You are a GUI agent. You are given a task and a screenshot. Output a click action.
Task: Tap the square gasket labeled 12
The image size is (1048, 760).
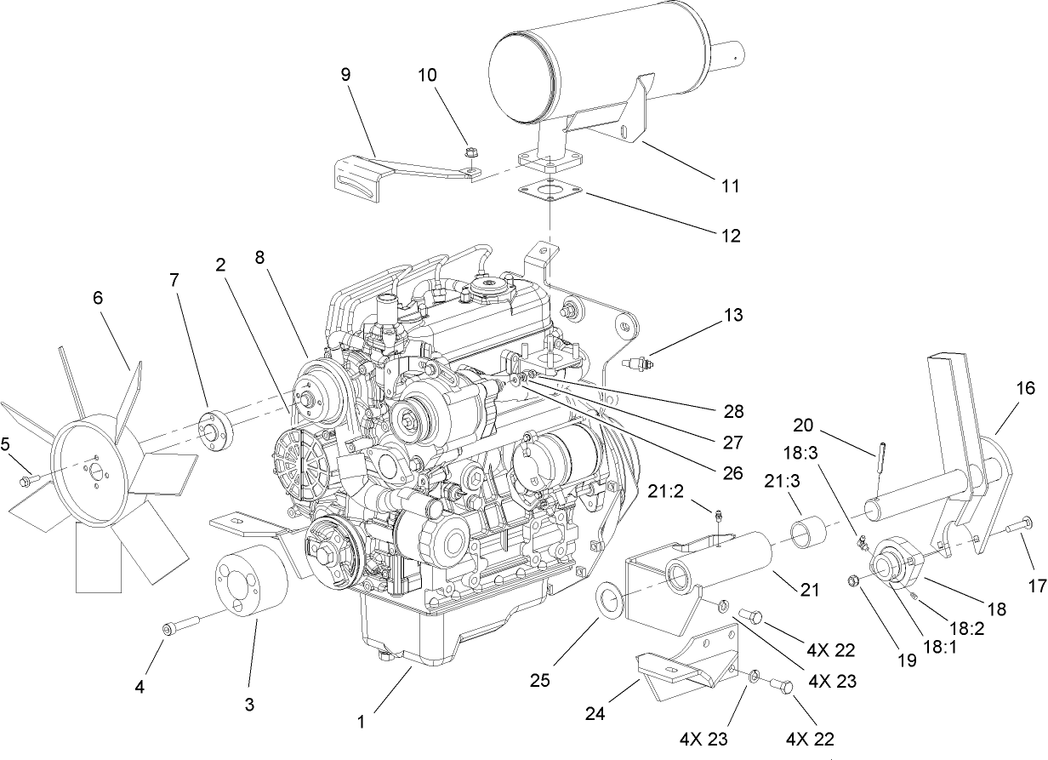tap(552, 193)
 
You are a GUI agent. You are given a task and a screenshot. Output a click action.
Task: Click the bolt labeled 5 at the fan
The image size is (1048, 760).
tap(25, 482)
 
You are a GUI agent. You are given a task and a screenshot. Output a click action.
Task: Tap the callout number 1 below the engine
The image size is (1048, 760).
tap(361, 722)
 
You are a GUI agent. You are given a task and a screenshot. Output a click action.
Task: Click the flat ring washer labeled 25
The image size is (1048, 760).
tap(609, 599)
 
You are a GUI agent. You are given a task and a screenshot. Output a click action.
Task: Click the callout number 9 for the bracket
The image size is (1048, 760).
tap(345, 75)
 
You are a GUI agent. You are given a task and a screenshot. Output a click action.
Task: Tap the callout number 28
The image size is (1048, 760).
tap(732, 412)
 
